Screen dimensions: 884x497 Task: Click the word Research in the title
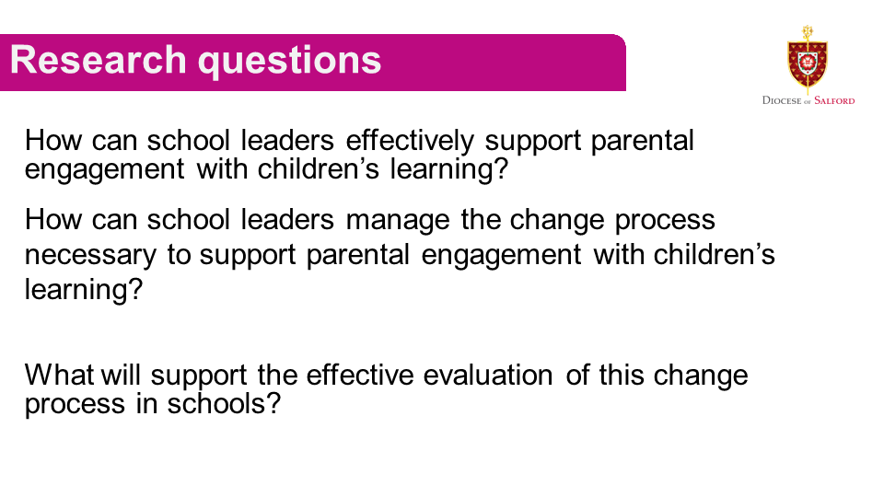[99, 60]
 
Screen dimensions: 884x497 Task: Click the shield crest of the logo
[808, 60]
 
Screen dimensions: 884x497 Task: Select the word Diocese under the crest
[782, 100]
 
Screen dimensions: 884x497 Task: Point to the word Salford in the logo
[834, 100]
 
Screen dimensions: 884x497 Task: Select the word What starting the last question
[59, 375]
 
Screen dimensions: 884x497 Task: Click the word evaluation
[488, 375]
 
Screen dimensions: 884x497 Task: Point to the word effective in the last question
[360, 375]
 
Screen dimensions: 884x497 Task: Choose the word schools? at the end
[224, 403]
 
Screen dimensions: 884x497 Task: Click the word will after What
[121, 375]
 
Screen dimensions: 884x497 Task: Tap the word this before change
[622, 375]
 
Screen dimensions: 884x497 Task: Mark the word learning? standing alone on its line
[84, 290]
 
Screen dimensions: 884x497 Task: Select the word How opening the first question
[53, 140]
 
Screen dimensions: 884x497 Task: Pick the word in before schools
[146, 403]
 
